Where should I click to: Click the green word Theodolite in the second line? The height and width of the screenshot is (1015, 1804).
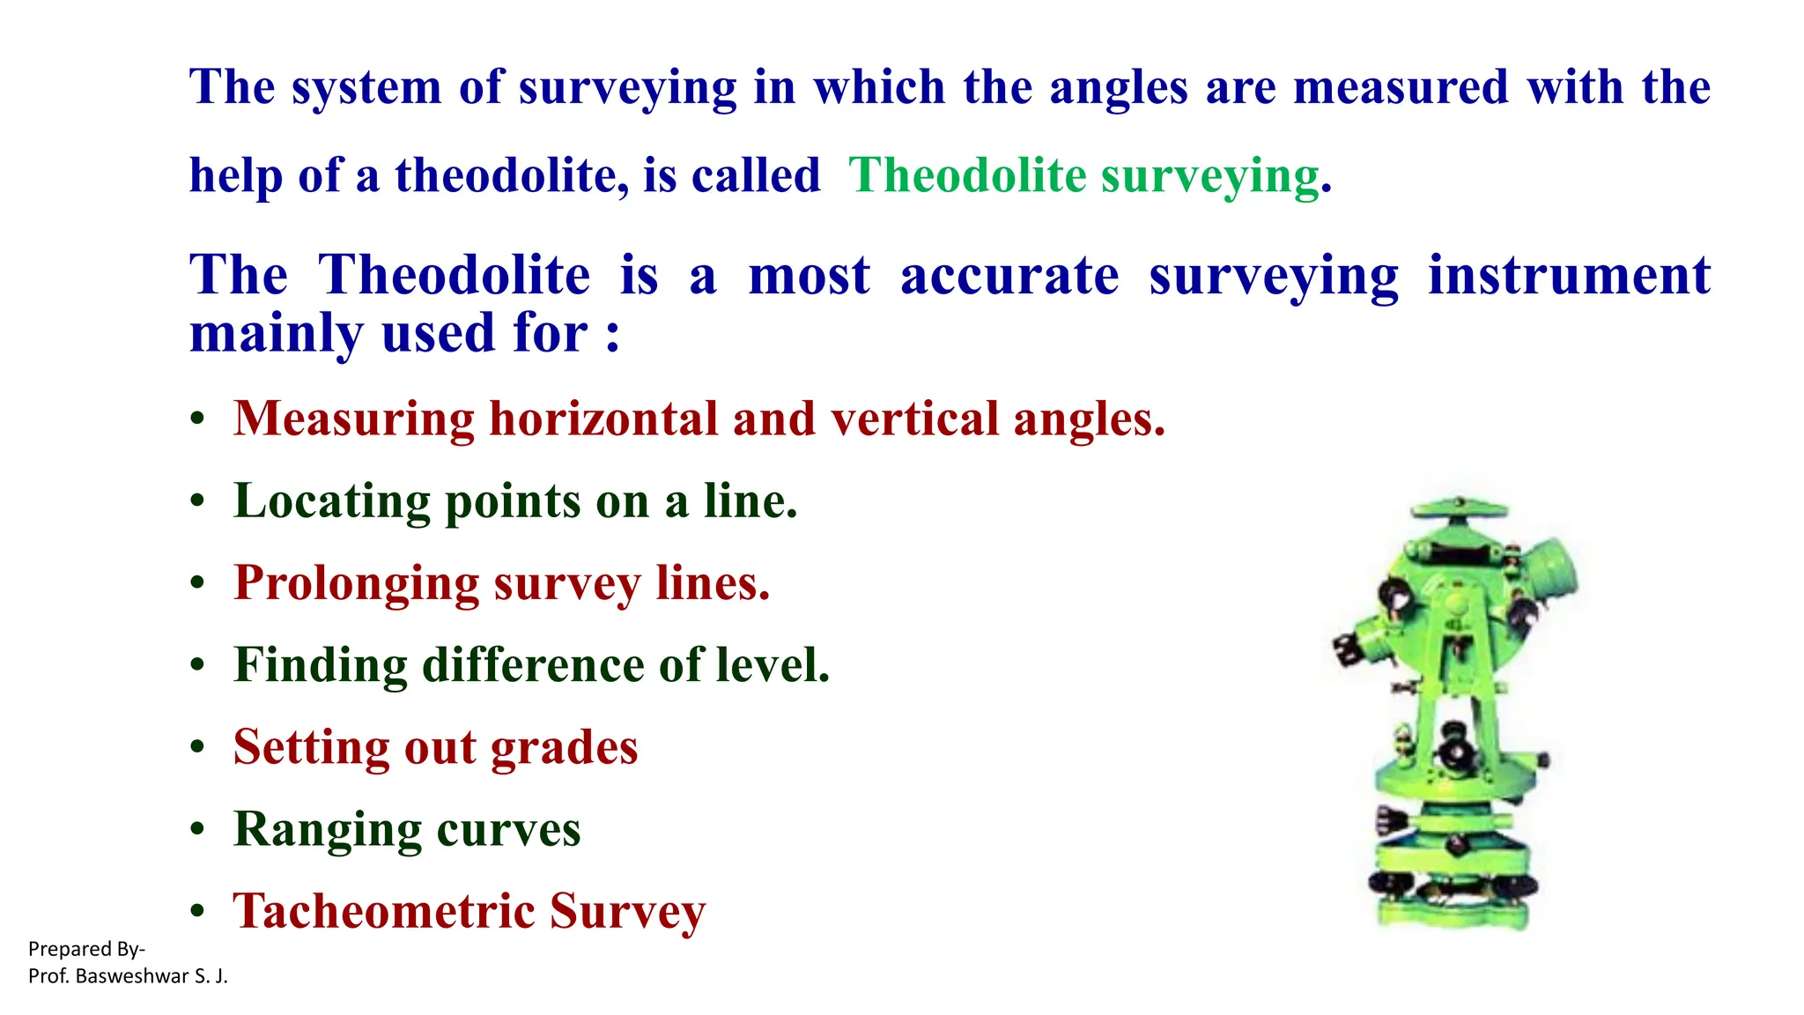967,174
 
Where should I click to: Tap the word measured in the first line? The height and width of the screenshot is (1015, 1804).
1401,87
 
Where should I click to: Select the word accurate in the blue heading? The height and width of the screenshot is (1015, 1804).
1009,275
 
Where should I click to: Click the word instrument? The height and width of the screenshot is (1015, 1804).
1569,275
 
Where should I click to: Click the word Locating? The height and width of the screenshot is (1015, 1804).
332,501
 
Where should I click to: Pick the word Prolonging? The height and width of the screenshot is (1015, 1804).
356,583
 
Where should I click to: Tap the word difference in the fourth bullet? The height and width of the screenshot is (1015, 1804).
532,664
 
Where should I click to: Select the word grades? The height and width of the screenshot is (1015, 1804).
564,748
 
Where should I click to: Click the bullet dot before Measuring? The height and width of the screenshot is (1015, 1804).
197,419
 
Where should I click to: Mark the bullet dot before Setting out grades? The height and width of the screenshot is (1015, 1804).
197,748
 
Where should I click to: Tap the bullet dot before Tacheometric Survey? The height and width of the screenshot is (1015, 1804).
197,912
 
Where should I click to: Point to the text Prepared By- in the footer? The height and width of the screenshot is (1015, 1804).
86,949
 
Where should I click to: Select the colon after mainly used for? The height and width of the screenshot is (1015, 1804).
612,336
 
